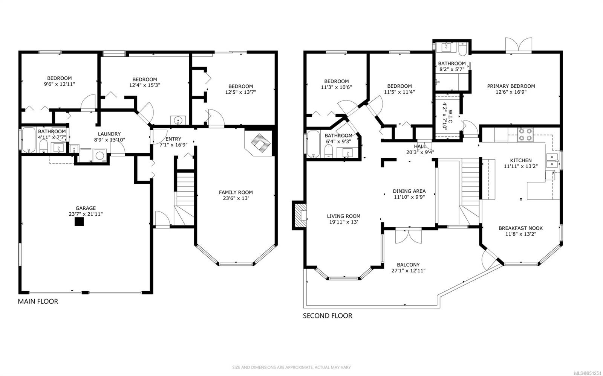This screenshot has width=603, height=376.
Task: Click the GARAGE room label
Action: point(86,208)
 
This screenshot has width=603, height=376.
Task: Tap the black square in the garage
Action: point(79,222)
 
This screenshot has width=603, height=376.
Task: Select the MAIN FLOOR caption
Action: point(38,301)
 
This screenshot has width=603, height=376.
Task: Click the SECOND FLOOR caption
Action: point(328,315)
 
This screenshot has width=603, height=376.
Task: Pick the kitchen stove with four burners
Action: point(525,134)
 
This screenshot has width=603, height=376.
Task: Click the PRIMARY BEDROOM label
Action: point(511,86)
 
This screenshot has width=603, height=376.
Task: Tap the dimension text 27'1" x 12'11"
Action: point(409,270)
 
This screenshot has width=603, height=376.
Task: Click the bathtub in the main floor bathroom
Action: point(29,140)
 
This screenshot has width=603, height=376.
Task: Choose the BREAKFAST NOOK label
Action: point(520,228)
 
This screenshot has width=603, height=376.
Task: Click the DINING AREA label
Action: point(409,191)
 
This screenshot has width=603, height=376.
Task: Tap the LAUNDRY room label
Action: point(109,134)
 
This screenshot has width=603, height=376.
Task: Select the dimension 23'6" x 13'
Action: point(236,198)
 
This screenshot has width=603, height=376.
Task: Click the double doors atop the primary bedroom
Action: point(519,45)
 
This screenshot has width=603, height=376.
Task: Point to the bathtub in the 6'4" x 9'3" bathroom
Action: point(313,144)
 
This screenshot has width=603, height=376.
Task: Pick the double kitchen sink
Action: point(552,160)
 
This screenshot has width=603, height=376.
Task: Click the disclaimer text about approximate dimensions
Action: point(292,367)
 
